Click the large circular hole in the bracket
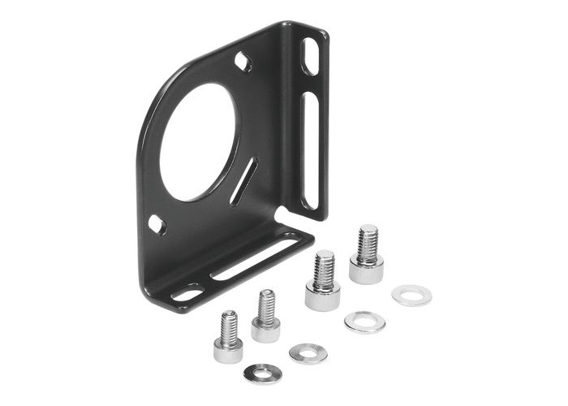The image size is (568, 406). [x=199, y=142]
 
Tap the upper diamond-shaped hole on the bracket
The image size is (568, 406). [x=243, y=61]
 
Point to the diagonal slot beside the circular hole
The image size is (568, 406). [x=243, y=181]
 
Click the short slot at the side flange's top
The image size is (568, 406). [x=310, y=57]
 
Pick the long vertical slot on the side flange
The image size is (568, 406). [x=308, y=150]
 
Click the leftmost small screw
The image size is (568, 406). [x=229, y=338]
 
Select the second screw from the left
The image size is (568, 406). [x=265, y=317]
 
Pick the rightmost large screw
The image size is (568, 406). [x=367, y=256]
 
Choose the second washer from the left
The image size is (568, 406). [x=308, y=353]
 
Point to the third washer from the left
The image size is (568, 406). [x=364, y=322]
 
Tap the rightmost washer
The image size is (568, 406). [x=411, y=294]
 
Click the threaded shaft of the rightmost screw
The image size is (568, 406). [x=368, y=241]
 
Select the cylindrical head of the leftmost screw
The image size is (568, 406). [x=228, y=350]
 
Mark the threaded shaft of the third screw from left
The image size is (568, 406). [x=324, y=268]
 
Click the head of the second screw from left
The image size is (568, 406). [x=265, y=330]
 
